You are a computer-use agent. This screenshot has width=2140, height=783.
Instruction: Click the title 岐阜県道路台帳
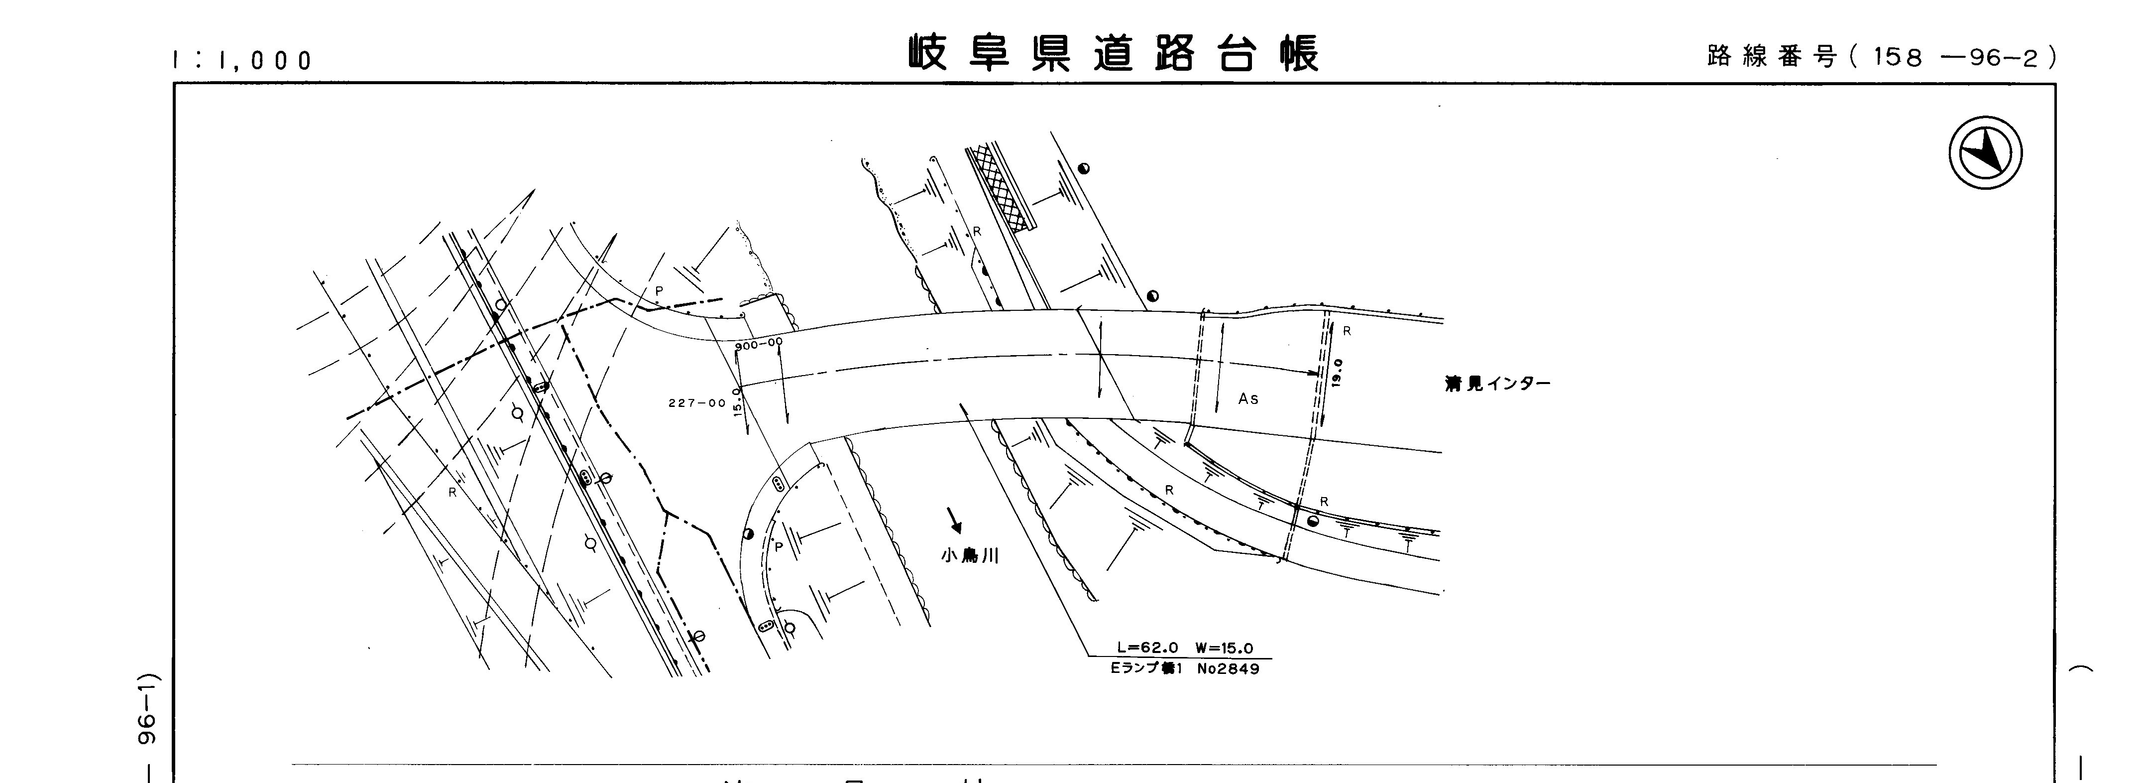click(x=1113, y=54)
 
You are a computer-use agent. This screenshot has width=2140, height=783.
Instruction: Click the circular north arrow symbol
click(x=1986, y=153)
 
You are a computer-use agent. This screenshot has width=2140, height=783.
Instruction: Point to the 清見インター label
click(x=1497, y=384)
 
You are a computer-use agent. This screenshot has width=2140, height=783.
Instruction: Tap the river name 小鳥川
click(x=970, y=556)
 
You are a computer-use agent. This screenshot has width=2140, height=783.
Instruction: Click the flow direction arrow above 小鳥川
click(x=955, y=521)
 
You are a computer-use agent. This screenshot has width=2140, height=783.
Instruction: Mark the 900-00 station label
click(x=759, y=343)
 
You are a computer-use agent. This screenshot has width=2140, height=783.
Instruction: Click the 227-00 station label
click(x=697, y=403)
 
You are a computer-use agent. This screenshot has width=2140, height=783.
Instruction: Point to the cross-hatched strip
click(x=1004, y=189)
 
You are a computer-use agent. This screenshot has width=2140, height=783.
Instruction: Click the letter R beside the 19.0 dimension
click(x=1347, y=331)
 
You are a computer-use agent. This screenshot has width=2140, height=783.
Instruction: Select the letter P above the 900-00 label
click(x=659, y=291)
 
